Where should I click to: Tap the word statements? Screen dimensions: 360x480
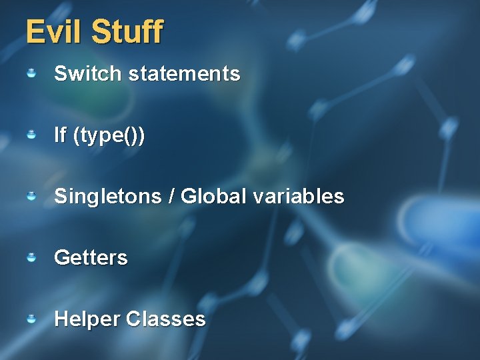[x=184, y=73]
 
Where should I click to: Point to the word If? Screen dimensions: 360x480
[x=60, y=135]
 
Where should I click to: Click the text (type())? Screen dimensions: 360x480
[x=109, y=135]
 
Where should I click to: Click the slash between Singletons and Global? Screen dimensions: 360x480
[x=171, y=197]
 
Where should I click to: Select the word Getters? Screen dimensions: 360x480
[x=91, y=257]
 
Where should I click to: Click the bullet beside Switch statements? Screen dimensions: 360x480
[x=31, y=73]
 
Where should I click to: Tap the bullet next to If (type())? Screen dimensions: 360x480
[x=31, y=135]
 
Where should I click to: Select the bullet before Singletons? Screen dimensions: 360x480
[x=31, y=196]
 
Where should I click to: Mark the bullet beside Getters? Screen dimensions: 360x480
[x=31, y=257]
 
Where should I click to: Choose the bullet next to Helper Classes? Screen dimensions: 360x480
[x=31, y=319]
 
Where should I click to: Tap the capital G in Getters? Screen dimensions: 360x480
[x=61, y=257]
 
